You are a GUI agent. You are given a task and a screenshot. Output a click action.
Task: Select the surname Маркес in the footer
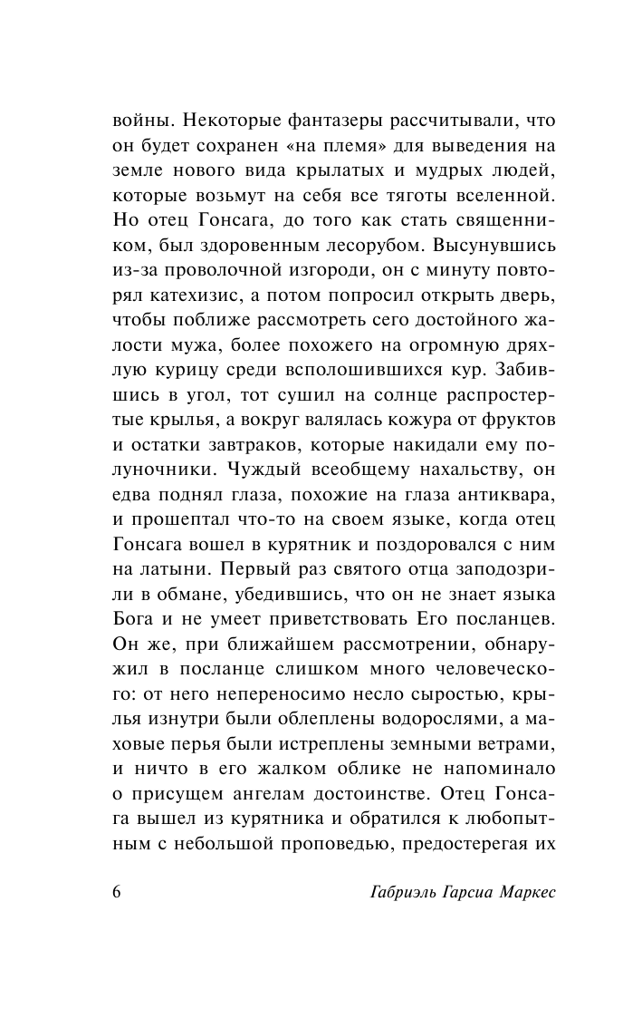[x=522, y=891]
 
